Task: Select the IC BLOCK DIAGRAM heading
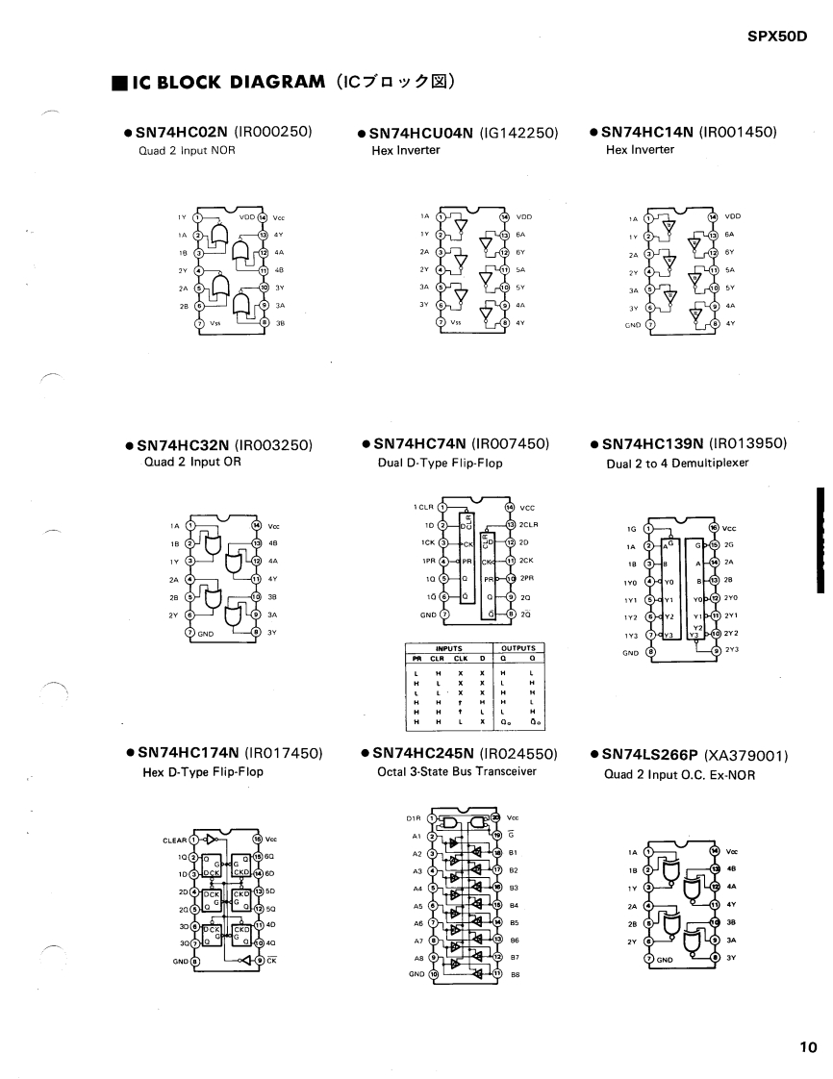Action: pos(218,82)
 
